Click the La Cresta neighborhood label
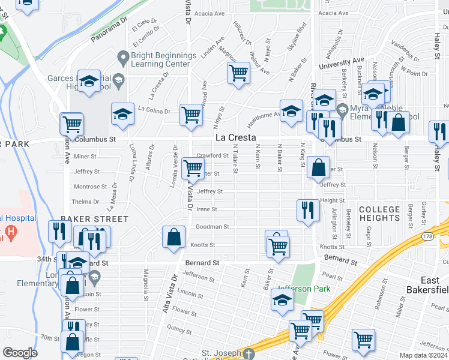click(229, 138)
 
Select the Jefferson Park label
click(303, 289)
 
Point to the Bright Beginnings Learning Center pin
click(124, 58)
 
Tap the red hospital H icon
click(10, 231)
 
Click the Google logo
click(20, 353)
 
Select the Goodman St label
click(212, 227)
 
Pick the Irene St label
click(206, 209)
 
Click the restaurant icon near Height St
click(307, 210)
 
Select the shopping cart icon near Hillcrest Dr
click(238, 73)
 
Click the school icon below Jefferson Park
click(282, 299)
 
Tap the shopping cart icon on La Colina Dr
click(191, 113)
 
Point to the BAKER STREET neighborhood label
click(95, 220)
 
